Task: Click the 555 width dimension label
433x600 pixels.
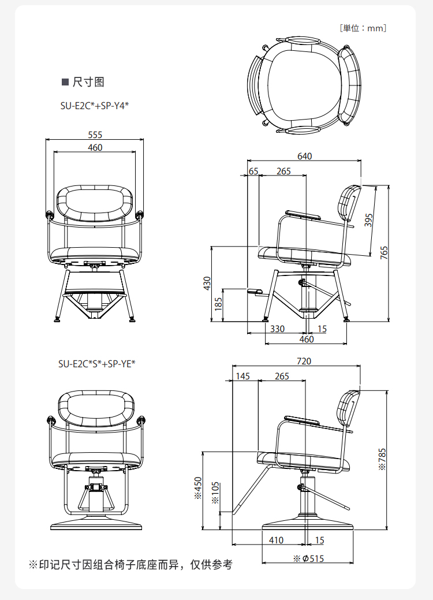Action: (x=95, y=135)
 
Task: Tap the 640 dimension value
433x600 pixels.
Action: (x=304, y=156)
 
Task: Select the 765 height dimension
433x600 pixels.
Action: (x=384, y=253)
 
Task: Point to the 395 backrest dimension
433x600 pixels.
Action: (x=368, y=221)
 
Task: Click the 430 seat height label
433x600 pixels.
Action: (x=207, y=283)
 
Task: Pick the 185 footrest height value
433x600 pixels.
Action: (x=218, y=304)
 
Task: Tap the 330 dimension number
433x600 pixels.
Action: (x=277, y=329)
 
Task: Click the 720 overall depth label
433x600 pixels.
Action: (x=304, y=362)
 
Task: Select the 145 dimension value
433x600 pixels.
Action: (x=242, y=376)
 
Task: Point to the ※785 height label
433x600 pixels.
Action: (x=382, y=459)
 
